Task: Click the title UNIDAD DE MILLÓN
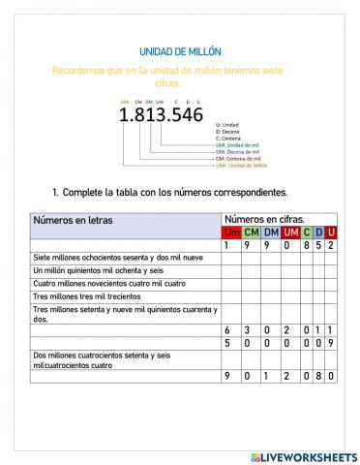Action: (180, 51)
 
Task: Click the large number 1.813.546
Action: (161, 114)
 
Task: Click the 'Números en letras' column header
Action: (74, 220)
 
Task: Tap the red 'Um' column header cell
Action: (231, 232)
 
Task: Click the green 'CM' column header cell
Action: (251, 232)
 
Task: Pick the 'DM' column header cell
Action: (270, 232)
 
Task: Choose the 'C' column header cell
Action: (307, 232)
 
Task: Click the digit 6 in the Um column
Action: (230, 329)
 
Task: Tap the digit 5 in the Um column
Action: (230, 343)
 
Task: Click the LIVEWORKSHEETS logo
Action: (303, 455)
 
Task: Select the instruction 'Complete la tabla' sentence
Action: (169, 192)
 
